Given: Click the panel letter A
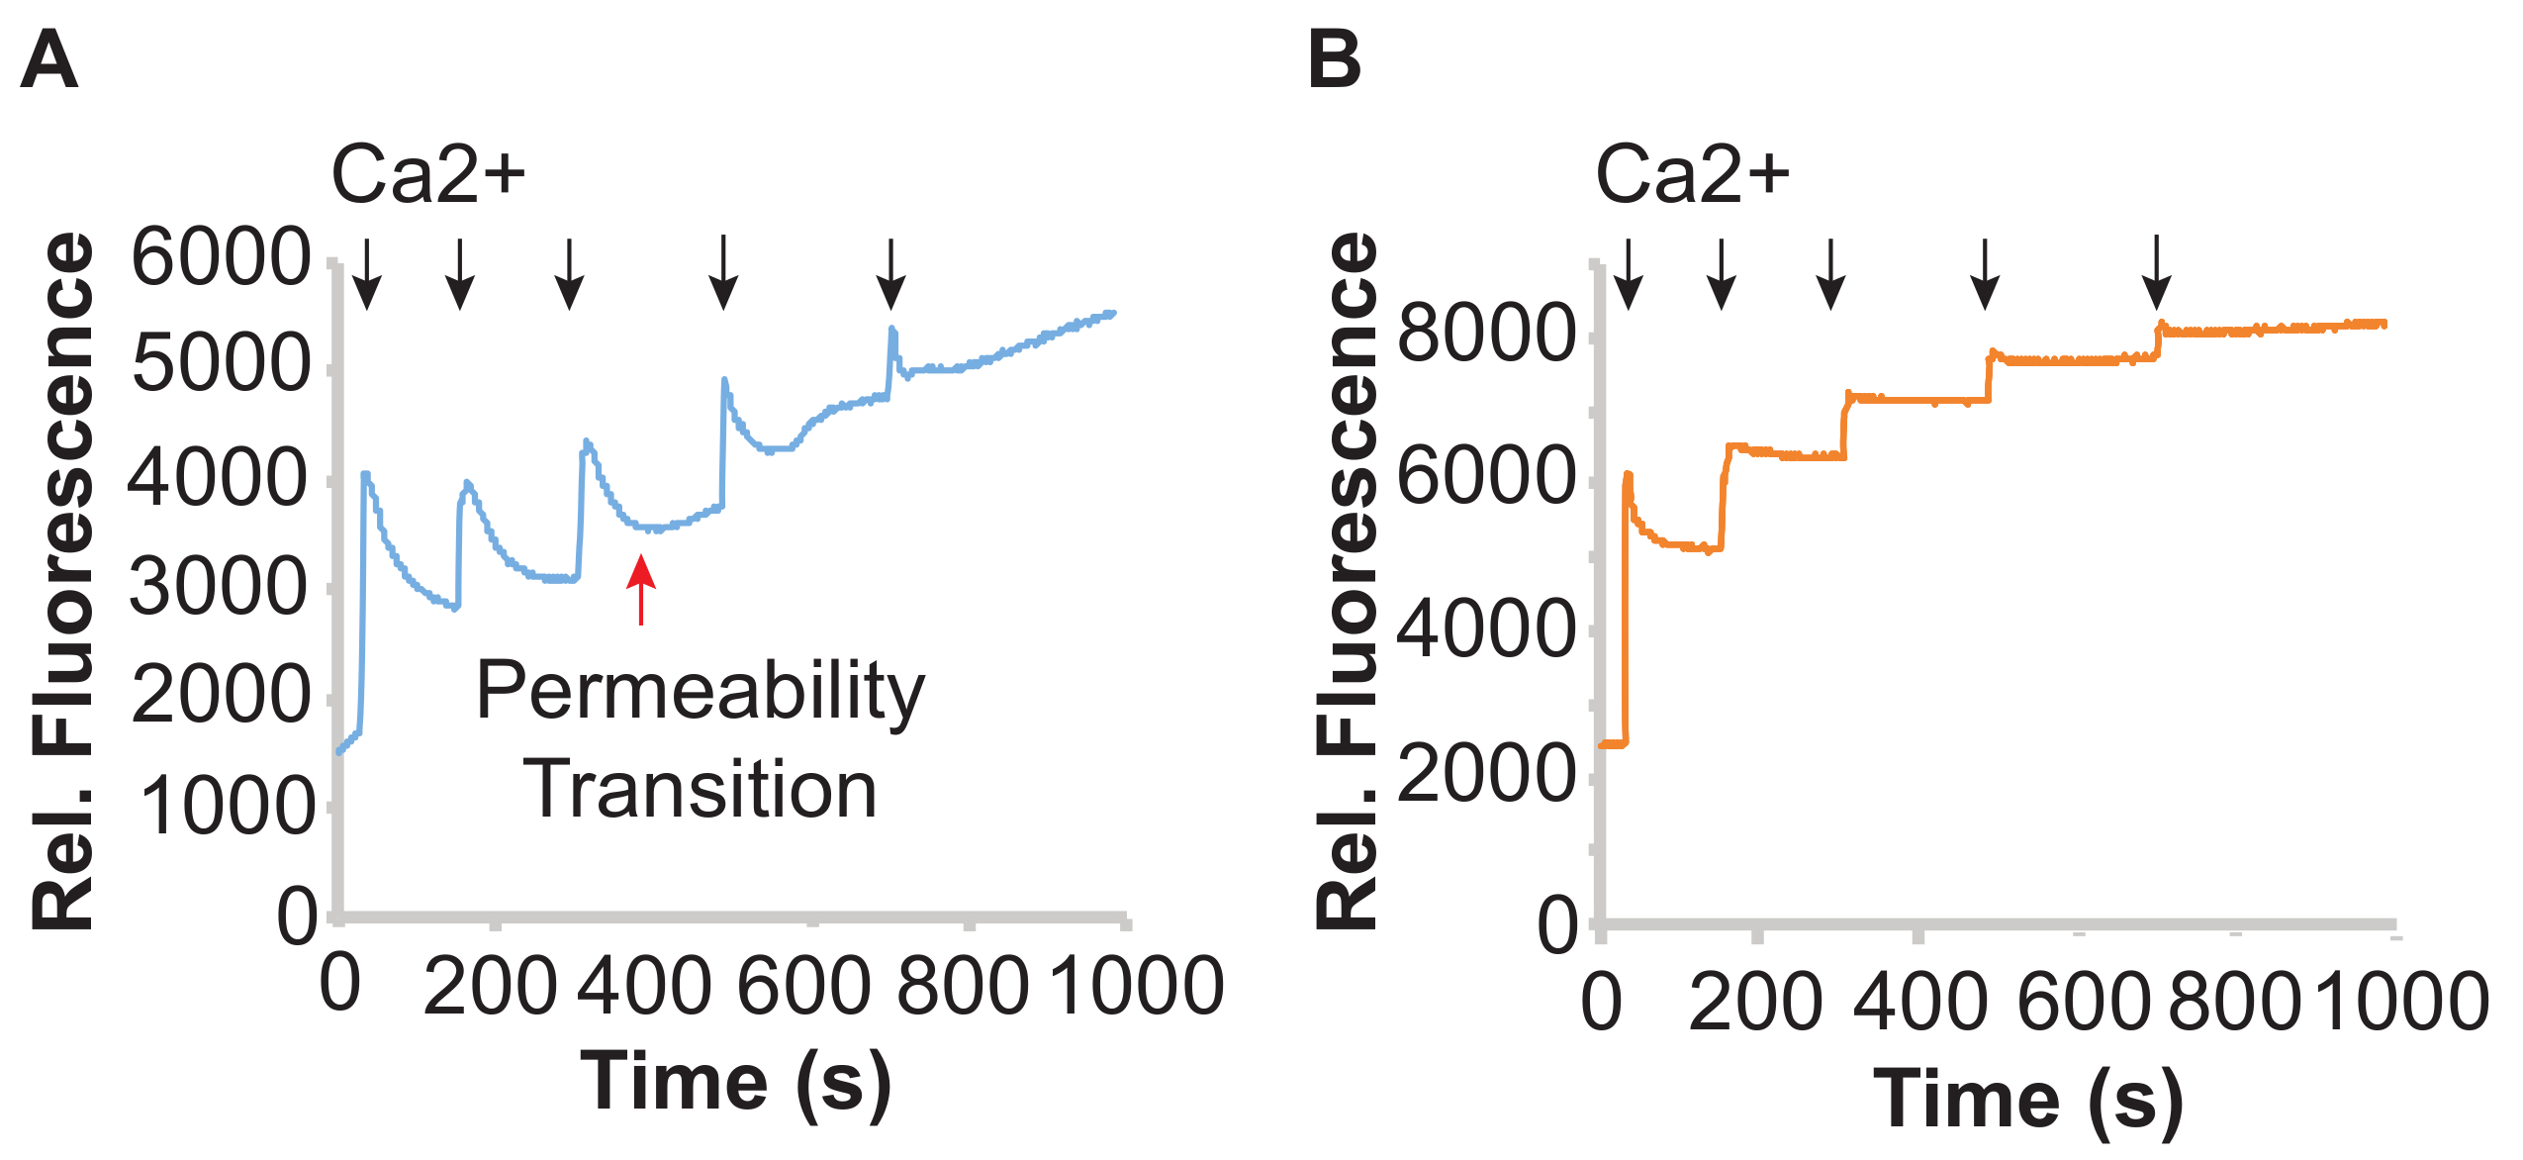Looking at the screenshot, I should point(48,60).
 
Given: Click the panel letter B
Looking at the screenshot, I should point(1334,60).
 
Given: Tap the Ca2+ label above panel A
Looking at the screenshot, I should point(427,174).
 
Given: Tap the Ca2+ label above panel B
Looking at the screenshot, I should point(1692,174).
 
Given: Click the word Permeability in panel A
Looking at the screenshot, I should point(700,692).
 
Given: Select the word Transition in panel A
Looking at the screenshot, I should point(700,790).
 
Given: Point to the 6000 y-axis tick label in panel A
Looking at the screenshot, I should point(220,257).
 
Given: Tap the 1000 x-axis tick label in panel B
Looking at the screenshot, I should point(2402,1002).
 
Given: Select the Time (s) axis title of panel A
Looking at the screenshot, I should point(735,1083).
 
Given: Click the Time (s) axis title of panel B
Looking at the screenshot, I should point(2028,1101).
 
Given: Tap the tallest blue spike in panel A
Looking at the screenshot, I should point(892,333).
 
